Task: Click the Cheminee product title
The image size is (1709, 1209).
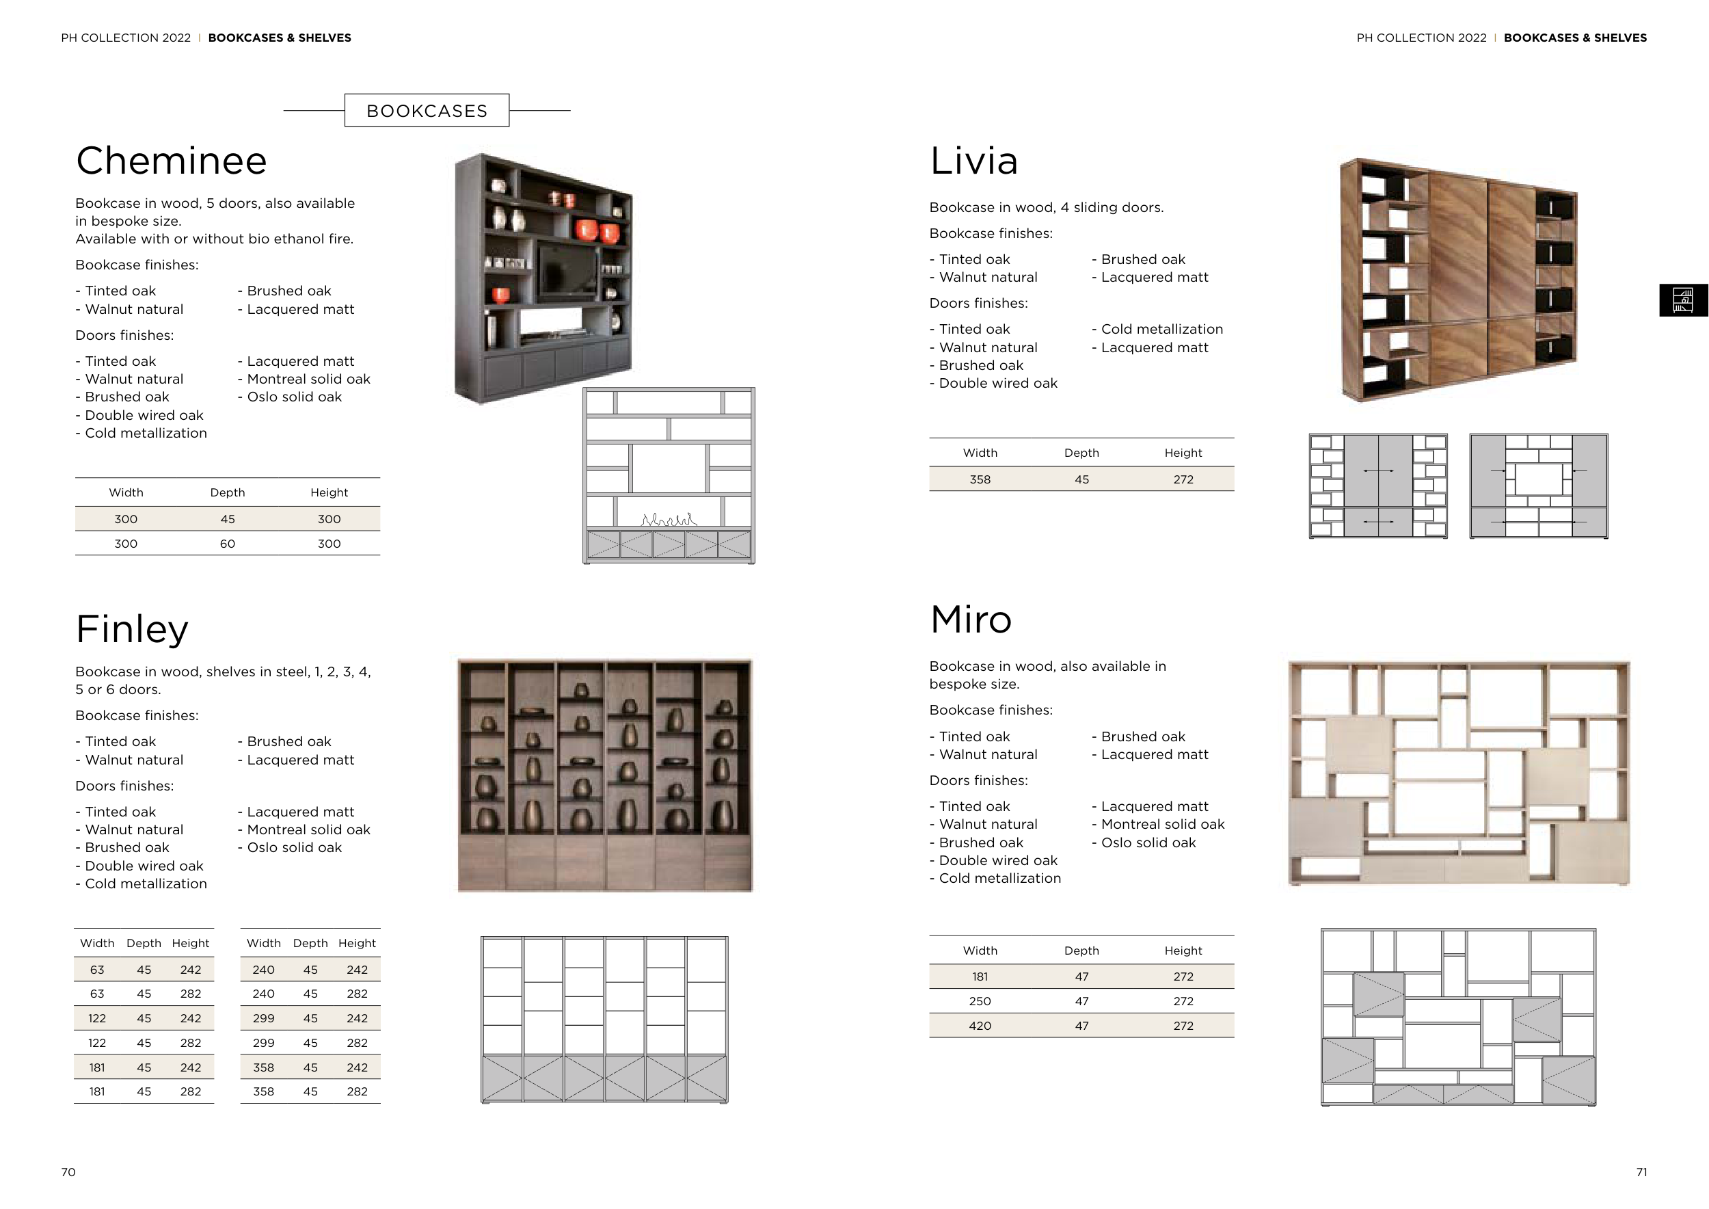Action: click(171, 161)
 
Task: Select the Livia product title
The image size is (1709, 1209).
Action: click(973, 161)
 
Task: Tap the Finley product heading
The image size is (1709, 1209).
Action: click(133, 628)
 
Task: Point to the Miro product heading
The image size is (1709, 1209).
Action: click(971, 620)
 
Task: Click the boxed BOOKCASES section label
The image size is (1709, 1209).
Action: click(427, 111)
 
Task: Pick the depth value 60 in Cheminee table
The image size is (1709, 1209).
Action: click(227, 544)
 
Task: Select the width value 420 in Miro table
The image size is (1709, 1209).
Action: click(980, 1026)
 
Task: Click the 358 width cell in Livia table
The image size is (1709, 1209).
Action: click(980, 479)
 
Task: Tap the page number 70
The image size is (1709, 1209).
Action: click(68, 1173)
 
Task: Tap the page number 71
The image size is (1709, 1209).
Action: click(1641, 1173)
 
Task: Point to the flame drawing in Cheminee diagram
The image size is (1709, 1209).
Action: click(669, 519)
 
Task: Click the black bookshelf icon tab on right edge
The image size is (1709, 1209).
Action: click(1683, 301)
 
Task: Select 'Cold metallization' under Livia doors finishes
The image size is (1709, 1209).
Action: click(1161, 329)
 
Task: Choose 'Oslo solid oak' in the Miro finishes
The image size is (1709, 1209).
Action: click(1148, 842)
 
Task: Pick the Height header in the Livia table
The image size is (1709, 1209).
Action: click(1183, 453)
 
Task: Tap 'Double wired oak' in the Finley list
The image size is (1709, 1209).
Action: click(144, 866)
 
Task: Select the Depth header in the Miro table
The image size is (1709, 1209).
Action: click(1081, 951)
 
